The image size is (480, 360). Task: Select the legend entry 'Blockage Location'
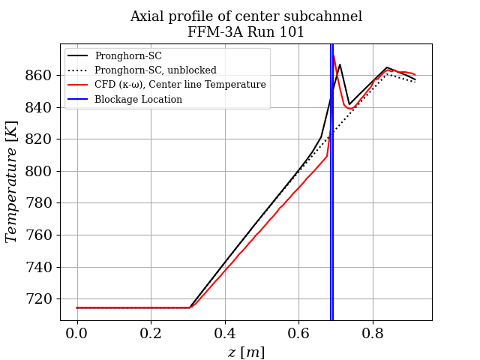pos(138,99)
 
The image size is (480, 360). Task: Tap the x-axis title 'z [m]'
pos(246,352)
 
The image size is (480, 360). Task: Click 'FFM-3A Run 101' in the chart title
pos(246,32)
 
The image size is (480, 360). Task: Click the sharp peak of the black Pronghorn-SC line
pos(340,64)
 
